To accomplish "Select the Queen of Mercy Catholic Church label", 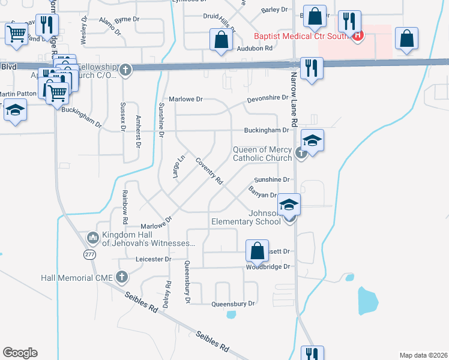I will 262,154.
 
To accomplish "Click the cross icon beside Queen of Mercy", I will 301,154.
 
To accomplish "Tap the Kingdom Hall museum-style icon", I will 92,238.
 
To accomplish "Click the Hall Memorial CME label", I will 77,278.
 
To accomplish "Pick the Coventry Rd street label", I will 209,172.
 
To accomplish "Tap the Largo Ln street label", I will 178,166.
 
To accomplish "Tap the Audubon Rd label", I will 255,49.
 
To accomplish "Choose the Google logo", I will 20,353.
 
